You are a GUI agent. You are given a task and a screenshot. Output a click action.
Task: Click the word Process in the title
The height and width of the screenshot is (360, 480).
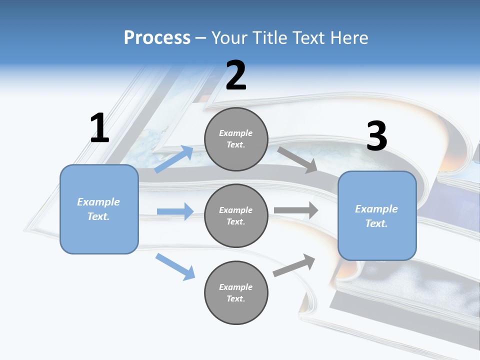click(157, 38)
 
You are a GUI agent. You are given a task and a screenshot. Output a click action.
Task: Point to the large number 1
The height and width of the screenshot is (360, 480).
click(99, 128)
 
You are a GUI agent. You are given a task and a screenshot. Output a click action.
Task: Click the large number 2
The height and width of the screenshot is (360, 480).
click(236, 75)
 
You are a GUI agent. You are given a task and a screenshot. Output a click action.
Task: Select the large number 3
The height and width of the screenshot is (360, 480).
click(376, 136)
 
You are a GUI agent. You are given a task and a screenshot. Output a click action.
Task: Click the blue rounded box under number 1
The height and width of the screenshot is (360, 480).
click(99, 209)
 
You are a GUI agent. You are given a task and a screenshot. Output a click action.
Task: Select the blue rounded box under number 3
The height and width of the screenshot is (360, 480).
click(377, 215)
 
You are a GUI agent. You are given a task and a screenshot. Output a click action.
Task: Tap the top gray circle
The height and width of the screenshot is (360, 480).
click(236, 139)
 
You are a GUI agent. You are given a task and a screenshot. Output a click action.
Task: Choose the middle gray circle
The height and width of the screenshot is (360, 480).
click(236, 215)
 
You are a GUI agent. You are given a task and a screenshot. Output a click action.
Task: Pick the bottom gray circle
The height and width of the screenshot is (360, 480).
click(236, 292)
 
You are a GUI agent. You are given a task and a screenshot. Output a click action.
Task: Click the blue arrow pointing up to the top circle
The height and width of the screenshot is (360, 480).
click(174, 159)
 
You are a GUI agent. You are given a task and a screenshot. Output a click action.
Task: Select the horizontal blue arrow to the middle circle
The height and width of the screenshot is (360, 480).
click(175, 211)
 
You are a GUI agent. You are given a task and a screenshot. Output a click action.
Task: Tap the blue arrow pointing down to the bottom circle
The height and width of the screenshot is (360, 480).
click(175, 266)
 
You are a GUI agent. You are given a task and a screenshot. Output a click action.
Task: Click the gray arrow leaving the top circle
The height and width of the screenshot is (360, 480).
click(297, 159)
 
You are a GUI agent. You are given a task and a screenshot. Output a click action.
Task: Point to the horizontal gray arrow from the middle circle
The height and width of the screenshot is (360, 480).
click(296, 210)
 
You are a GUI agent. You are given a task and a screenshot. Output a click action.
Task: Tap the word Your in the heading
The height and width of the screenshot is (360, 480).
click(229, 38)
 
